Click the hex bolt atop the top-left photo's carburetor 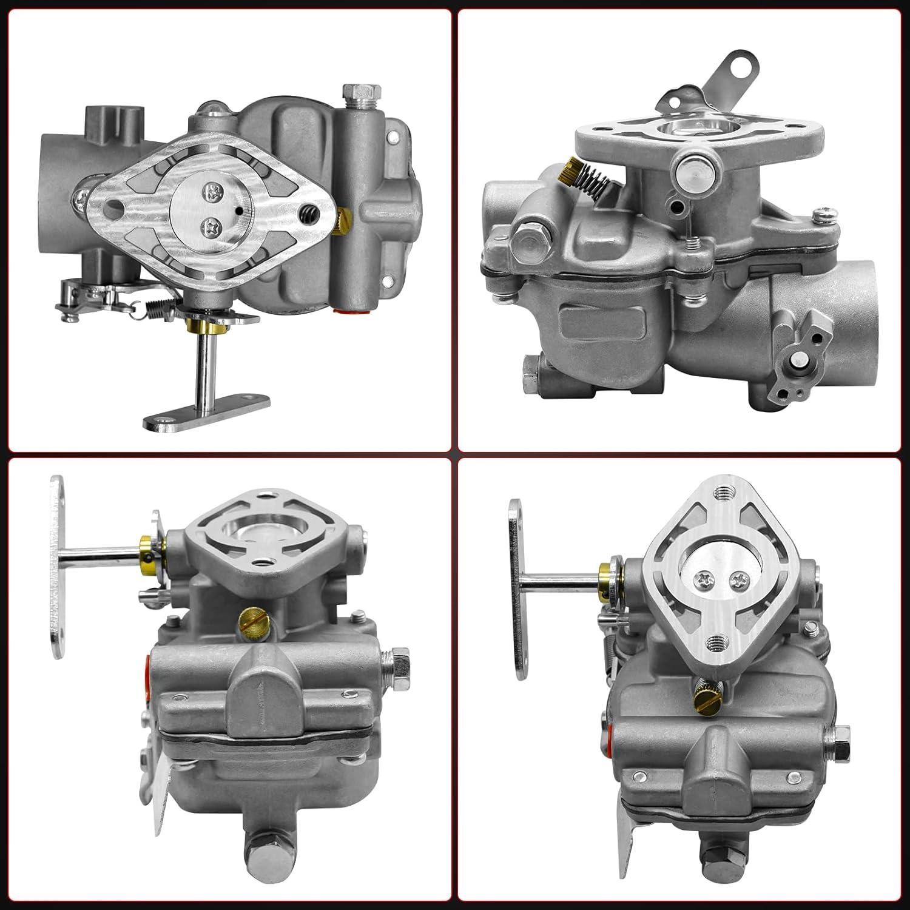pos(352,95)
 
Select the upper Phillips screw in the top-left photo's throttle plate pos(212,195)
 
